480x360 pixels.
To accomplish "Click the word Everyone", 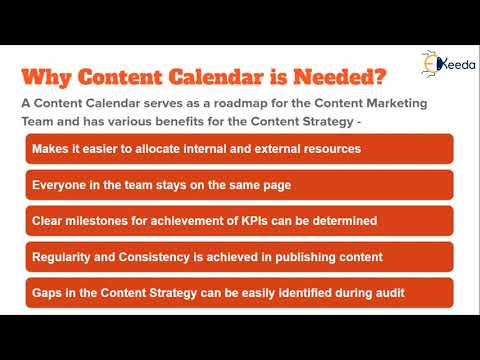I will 63,185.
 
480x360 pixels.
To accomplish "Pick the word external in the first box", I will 262,149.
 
